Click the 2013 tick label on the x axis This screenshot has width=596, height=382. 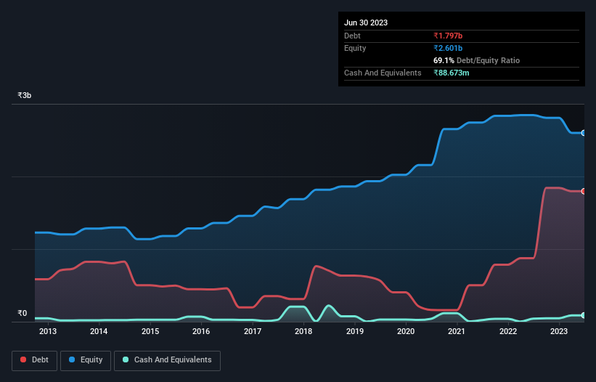click(48, 332)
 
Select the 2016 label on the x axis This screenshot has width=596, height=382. click(201, 332)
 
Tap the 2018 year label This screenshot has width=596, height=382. click(303, 332)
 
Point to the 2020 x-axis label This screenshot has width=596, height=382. click(406, 332)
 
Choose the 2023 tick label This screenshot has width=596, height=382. click(559, 332)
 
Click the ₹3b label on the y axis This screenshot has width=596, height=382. click(25, 95)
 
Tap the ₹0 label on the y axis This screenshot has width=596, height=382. click(23, 314)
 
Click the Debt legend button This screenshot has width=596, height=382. click(34, 360)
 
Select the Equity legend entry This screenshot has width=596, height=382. click(86, 360)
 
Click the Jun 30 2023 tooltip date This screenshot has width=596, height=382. click(366, 23)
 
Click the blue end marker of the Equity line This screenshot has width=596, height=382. click(584, 133)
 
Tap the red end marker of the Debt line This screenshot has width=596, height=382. click(584, 191)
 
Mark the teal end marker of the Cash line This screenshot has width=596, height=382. click(584, 315)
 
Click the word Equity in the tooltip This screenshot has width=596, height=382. click(355, 48)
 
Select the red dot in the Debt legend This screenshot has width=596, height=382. click(24, 360)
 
